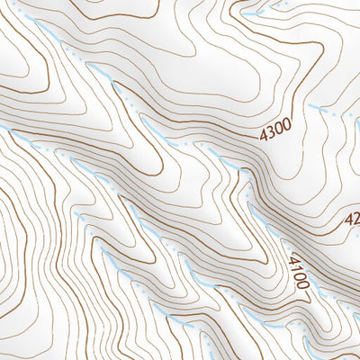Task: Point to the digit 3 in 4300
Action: (269, 135)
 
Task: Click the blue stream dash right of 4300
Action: (324, 110)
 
